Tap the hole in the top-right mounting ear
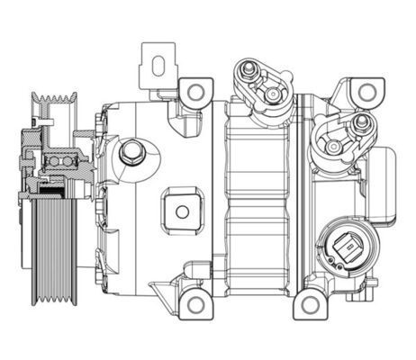[365, 92]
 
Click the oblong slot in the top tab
[157, 67]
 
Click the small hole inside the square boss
[182, 212]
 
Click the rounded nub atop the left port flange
[242, 64]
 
